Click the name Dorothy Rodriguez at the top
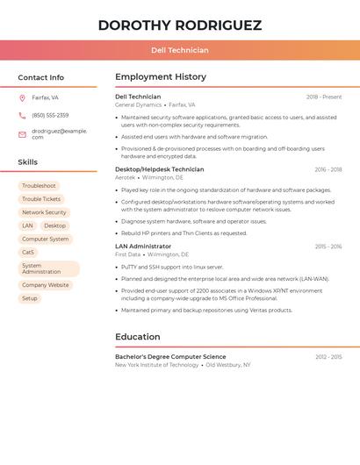click(x=180, y=25)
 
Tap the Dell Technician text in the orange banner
click(x=180, y=51)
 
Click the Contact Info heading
click(x=41, y=77)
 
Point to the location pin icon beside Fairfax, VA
click(x=22, y=98)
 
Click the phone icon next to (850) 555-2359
click(x=22, y=115)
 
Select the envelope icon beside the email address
click(x=22, y=134)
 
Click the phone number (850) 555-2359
click(x=50, y=115)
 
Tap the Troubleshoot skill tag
click(x=39, y=186)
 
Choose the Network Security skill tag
click(x=44, y=212)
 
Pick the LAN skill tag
click(x=27, y=225)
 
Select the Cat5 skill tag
click(x=28, y=252)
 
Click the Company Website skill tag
click(x=45, y=285)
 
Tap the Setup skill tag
click(x=30, y=298)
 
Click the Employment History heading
click(x=161, y=77)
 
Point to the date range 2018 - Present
click(x=324, y=97)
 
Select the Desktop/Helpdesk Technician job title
click(x=160, y=169)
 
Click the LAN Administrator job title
click(x=143, y=247)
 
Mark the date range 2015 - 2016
click(x=328, y=247)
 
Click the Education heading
click(x=138, y=337)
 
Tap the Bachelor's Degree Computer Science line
click(x=170, y=357)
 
